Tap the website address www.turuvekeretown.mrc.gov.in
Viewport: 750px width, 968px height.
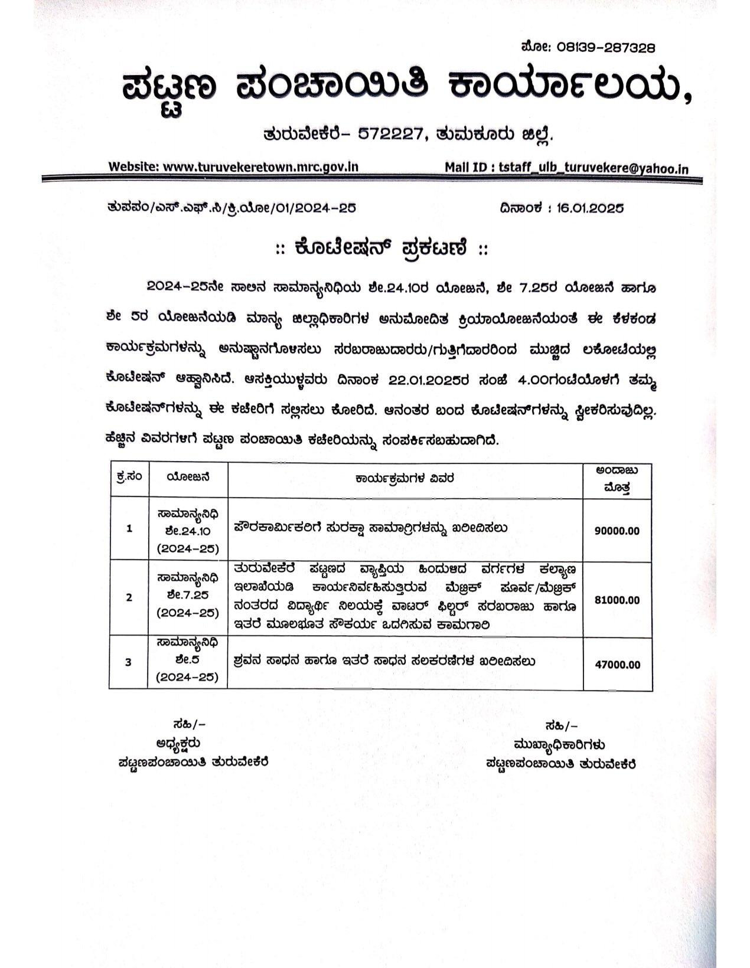point(260,167)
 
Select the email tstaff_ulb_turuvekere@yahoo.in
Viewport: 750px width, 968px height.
point(594,168)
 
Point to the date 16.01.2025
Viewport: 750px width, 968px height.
point(590,208)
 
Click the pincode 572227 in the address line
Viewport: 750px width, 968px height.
point(390,135)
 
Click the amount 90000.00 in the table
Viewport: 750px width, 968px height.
point(617,531)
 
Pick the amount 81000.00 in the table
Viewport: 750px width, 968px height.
point(617,600)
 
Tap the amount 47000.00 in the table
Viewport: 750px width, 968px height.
point(617,665)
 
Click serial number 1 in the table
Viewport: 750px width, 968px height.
point(129,529)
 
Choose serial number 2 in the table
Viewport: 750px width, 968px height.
point(129,598)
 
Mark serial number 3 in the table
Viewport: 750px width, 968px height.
point(129,663)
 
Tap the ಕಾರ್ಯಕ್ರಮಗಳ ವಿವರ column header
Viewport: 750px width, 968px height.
point(405,479)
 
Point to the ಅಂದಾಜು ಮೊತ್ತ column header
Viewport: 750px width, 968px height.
point(617,479)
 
